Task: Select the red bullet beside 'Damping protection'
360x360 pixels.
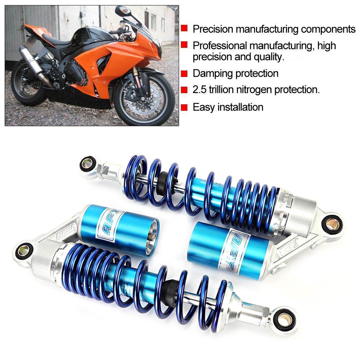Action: (184, 74)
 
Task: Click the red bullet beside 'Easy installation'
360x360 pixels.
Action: (184, 107)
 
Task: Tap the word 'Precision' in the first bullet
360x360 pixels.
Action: (213, 29)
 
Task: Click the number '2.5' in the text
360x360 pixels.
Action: (200, 90)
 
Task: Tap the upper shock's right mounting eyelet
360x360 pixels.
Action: (332, 223)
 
